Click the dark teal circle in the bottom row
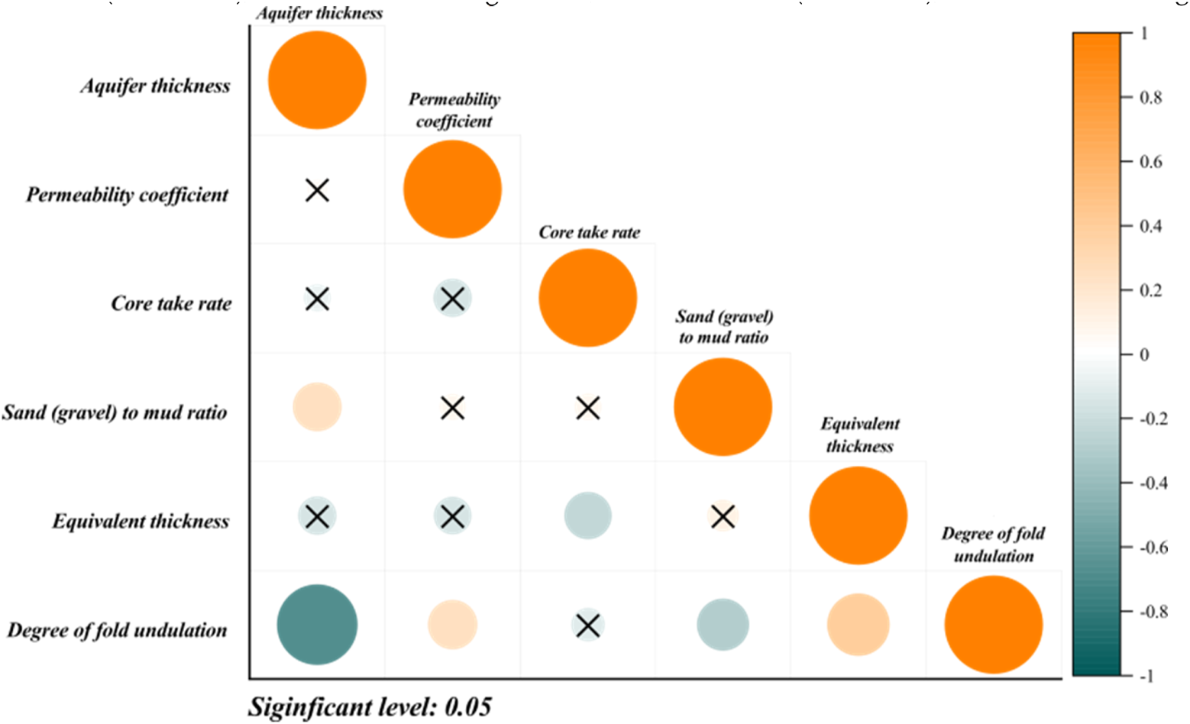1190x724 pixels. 317,625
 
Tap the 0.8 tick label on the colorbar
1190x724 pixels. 1151,98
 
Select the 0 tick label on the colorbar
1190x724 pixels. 1144,355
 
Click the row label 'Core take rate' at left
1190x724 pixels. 171,304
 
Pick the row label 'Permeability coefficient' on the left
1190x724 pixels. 128,196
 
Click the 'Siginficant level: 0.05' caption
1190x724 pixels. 370,707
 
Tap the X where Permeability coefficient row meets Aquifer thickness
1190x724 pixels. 317,190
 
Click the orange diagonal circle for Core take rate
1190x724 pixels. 587,298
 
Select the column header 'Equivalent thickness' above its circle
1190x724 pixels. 859,435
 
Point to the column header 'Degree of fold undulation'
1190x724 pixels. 993,545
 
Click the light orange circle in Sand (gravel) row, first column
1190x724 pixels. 317,408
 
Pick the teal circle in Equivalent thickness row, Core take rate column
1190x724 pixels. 587,516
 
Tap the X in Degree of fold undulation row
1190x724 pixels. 587,625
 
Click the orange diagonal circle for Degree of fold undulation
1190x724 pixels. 993,625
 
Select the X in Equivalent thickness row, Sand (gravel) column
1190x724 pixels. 723,517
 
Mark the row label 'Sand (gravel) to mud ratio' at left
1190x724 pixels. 115,413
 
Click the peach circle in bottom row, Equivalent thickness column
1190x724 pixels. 858,625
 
